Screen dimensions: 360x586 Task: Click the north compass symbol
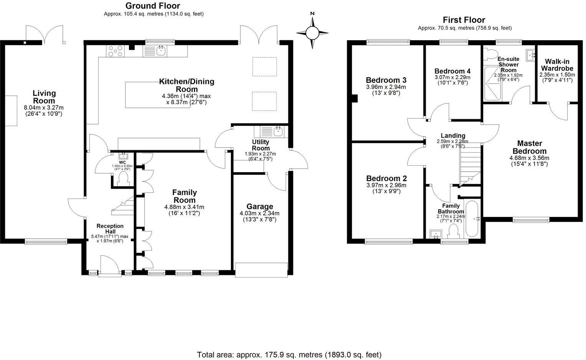[313, 33]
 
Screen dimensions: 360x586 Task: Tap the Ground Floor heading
[153, 6]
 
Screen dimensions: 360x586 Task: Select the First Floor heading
[464, 20]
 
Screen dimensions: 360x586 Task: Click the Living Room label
[44, 97]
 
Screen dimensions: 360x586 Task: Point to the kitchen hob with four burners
[115, 51]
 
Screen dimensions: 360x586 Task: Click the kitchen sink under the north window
[160, 51]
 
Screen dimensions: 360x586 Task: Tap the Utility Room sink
[278, 132]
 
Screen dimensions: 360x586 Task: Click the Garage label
[260, 207]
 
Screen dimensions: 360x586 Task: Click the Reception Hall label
[110, 228]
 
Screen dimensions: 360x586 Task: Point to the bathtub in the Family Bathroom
[471, 219]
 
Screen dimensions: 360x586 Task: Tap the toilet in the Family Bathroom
[454, 232]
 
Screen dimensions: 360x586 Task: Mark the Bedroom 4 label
[452, 71]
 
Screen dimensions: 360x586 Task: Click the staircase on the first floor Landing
[469, 163]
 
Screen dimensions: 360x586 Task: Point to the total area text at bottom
[289, 354]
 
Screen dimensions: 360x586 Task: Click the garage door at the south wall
[261, 270]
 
